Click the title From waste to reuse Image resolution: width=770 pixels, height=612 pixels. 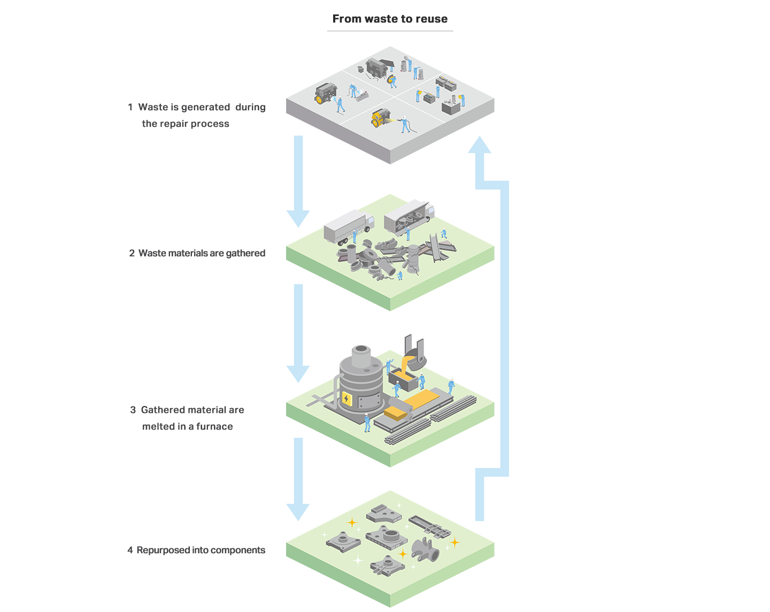point(390,19)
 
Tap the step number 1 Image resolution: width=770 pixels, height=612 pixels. point(130,107)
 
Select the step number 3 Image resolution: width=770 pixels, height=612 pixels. point(133,410)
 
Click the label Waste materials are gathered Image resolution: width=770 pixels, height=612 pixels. point(202,253)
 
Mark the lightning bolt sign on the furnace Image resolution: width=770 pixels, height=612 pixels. point(346,399)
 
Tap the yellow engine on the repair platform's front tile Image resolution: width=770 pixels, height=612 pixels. point(380,118)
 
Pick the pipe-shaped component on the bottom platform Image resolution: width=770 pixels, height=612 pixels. point(425,549)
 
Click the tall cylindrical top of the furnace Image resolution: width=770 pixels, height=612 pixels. point(361,355)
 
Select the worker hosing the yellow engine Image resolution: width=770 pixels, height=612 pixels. point(405,124)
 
